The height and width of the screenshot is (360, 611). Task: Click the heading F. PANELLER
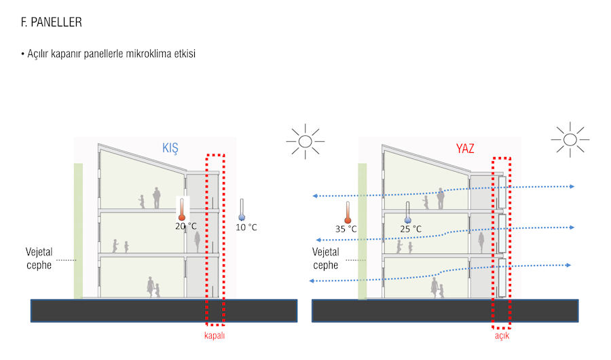[x=52, y=22]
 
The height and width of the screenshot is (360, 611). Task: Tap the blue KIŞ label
[x=170, y=147]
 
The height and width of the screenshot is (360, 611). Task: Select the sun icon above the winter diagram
[x=305, y=141]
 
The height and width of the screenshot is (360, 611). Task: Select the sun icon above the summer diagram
[x=570, y=140]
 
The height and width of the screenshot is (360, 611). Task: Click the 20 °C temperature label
[x=186, y=226]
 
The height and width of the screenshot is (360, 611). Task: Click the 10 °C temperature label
[x=246, y=227]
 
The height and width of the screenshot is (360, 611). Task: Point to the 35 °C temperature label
[x=346, y=229]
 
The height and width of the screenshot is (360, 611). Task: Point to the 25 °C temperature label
[x=410, y=229]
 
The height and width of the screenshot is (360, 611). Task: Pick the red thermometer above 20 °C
[x=182, y=209]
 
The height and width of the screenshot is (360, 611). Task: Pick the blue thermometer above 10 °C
[x=241, y=209]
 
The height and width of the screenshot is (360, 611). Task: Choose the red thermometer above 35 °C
[x=348, y=212]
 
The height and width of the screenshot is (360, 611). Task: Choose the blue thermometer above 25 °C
[x=408, y=212]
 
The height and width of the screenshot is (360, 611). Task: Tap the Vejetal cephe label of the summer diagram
[x=327, y=258]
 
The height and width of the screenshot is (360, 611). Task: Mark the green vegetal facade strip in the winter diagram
[x=78, y=231]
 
